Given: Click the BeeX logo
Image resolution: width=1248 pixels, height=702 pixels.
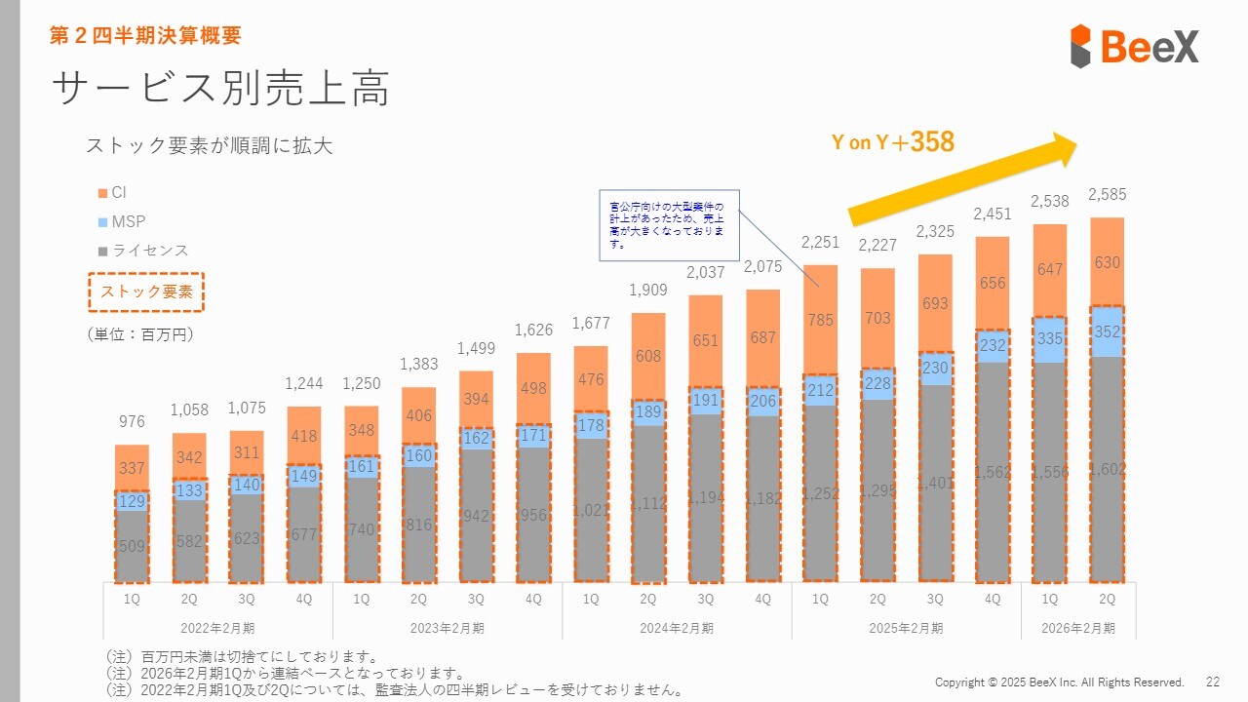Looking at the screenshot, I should pyautogui.click(x=1134, y=46).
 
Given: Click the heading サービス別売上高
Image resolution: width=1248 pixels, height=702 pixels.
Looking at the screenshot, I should pyautogui.click(x=221, y=89).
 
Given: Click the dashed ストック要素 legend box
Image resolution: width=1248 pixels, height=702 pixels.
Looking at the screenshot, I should pyautogui.click(x=146, y=292).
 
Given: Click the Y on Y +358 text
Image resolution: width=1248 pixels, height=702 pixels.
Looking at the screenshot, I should pyautogui.click(x=892, y=142).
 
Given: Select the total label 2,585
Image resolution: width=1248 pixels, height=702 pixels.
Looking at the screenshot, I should pyautogui.click(x=1107, y=194).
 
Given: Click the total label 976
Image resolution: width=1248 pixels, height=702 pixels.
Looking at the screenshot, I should pyautogui.click(x=132, y=421).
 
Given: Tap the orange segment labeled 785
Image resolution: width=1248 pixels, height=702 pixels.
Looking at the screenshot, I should pyautogui.click(x=820, y=319).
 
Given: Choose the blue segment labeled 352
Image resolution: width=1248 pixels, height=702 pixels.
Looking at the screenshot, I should pyautogui.click(x=1107, y=332).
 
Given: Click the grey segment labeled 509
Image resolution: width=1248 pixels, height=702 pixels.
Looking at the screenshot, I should pyautogui.click(x=132, y=546).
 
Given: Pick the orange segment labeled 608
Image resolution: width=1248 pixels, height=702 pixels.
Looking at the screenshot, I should pyautogui.click(x=647, y=356).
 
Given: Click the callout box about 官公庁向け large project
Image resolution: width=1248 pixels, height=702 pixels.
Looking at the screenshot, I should pyautogui.click(x=668, y=225).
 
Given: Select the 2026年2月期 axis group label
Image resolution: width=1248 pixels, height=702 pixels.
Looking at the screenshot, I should pyautogui.click(x=1078, y=628).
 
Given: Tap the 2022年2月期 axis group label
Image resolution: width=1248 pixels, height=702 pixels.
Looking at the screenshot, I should pyautogui.click(x=218, y=628).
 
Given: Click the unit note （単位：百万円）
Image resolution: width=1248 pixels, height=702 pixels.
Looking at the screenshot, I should pyautogui.click(x=141, y=334).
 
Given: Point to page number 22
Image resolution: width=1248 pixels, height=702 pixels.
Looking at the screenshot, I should pyautogui.click(x=1213, y=682).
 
